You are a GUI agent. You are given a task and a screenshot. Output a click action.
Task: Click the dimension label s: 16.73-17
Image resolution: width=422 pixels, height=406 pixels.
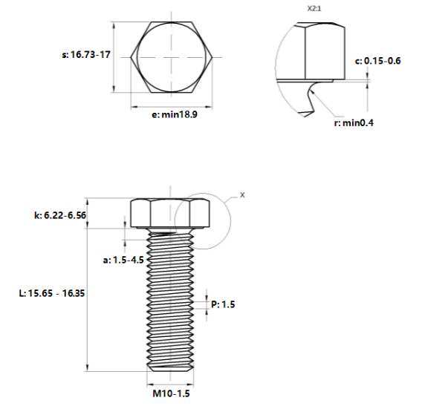coord(85,56)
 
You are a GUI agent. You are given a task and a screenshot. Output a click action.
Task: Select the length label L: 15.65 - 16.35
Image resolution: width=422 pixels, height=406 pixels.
coord(51,293)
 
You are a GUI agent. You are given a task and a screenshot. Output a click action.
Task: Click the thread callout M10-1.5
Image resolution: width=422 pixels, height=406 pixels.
coord(172,393)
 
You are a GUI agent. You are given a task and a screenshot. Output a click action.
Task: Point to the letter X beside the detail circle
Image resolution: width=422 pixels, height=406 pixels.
coord(242,194)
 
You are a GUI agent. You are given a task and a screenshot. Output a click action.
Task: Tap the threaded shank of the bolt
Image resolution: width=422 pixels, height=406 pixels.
coord(172,297)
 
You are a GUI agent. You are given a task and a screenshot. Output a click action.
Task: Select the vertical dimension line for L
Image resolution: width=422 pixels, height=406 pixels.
coord(89,297)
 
